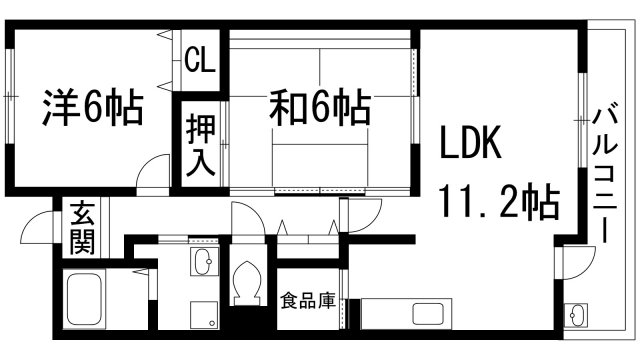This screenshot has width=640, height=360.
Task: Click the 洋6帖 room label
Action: coord(93,105)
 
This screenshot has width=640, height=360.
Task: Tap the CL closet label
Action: coord(199,61)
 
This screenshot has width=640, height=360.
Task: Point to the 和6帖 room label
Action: coord(318,105)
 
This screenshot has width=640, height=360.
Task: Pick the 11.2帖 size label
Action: coord(498,203)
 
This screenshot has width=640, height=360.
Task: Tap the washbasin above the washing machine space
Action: coord(200,265)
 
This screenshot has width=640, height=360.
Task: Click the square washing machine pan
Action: coord(205,314)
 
